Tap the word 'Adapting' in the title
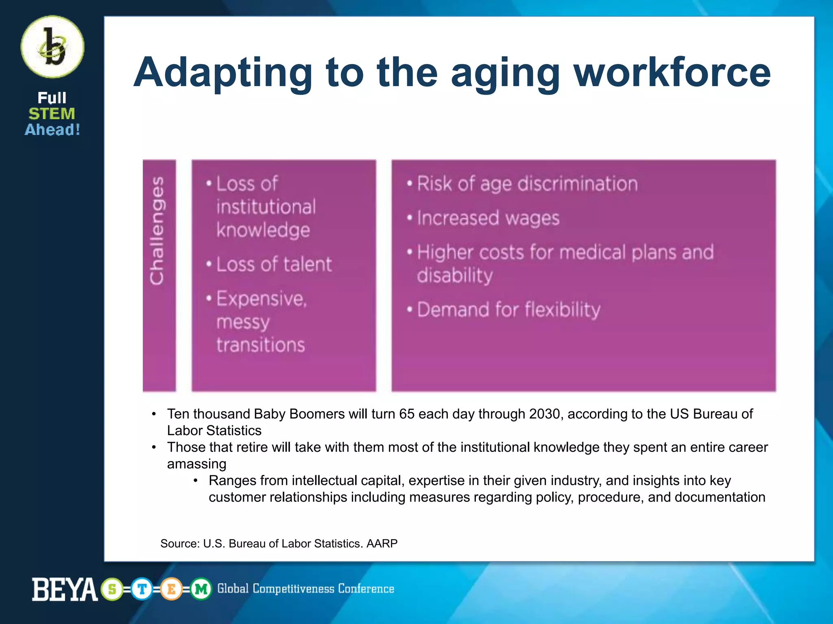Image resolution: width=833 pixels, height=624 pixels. pos(222,73)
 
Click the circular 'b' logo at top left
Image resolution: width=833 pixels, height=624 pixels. pos(52,47)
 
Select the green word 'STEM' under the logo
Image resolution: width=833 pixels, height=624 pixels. pos(52,114)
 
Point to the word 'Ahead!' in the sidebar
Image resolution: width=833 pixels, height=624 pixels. pos(52,130)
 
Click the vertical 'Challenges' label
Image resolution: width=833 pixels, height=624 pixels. pos(158,230)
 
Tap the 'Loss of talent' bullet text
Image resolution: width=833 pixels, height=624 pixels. pos(274,264)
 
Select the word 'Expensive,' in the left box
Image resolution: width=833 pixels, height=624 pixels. pos(262,299)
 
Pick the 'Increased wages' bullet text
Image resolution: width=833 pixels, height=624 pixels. pos(488,218)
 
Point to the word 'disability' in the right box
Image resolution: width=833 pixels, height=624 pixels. pos(455,275)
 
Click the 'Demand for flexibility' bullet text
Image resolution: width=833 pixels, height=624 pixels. pos(508,310)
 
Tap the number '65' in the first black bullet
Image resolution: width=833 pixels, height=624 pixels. pos(407,414)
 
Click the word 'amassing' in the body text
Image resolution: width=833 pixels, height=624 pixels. pos(196,464)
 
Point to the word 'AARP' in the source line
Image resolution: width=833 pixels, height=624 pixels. pos(382,544)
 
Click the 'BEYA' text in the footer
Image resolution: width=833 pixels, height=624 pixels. pos(65,589)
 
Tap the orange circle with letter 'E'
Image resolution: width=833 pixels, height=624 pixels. pos(171,589)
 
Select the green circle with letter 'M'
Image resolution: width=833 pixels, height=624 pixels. pos(201,589)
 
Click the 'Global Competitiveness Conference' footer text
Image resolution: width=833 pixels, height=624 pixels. pos(305,589)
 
